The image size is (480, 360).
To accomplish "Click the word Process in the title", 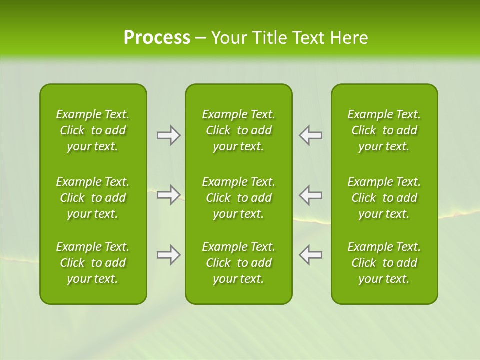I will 157,38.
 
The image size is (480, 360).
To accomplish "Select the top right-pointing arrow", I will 168,135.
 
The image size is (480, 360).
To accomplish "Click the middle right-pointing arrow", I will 168,195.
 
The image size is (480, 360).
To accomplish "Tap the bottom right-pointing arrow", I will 168,255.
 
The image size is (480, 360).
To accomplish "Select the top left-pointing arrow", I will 310,135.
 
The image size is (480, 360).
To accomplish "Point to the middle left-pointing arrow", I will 310,195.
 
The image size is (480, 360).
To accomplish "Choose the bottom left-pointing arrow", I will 310,255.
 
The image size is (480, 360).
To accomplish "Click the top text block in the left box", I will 93,130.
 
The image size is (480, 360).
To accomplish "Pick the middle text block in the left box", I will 93,198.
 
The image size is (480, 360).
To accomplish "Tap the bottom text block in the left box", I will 93,263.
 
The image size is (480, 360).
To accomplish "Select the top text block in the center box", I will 238,130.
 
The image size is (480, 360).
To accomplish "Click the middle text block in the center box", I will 238,198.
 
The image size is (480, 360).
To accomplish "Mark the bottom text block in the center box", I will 238,263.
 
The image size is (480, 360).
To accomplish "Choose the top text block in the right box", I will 384,130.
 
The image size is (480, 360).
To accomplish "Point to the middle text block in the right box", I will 384,198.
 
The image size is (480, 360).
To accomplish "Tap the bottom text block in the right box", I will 384,263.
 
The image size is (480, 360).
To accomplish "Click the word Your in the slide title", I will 229,38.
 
